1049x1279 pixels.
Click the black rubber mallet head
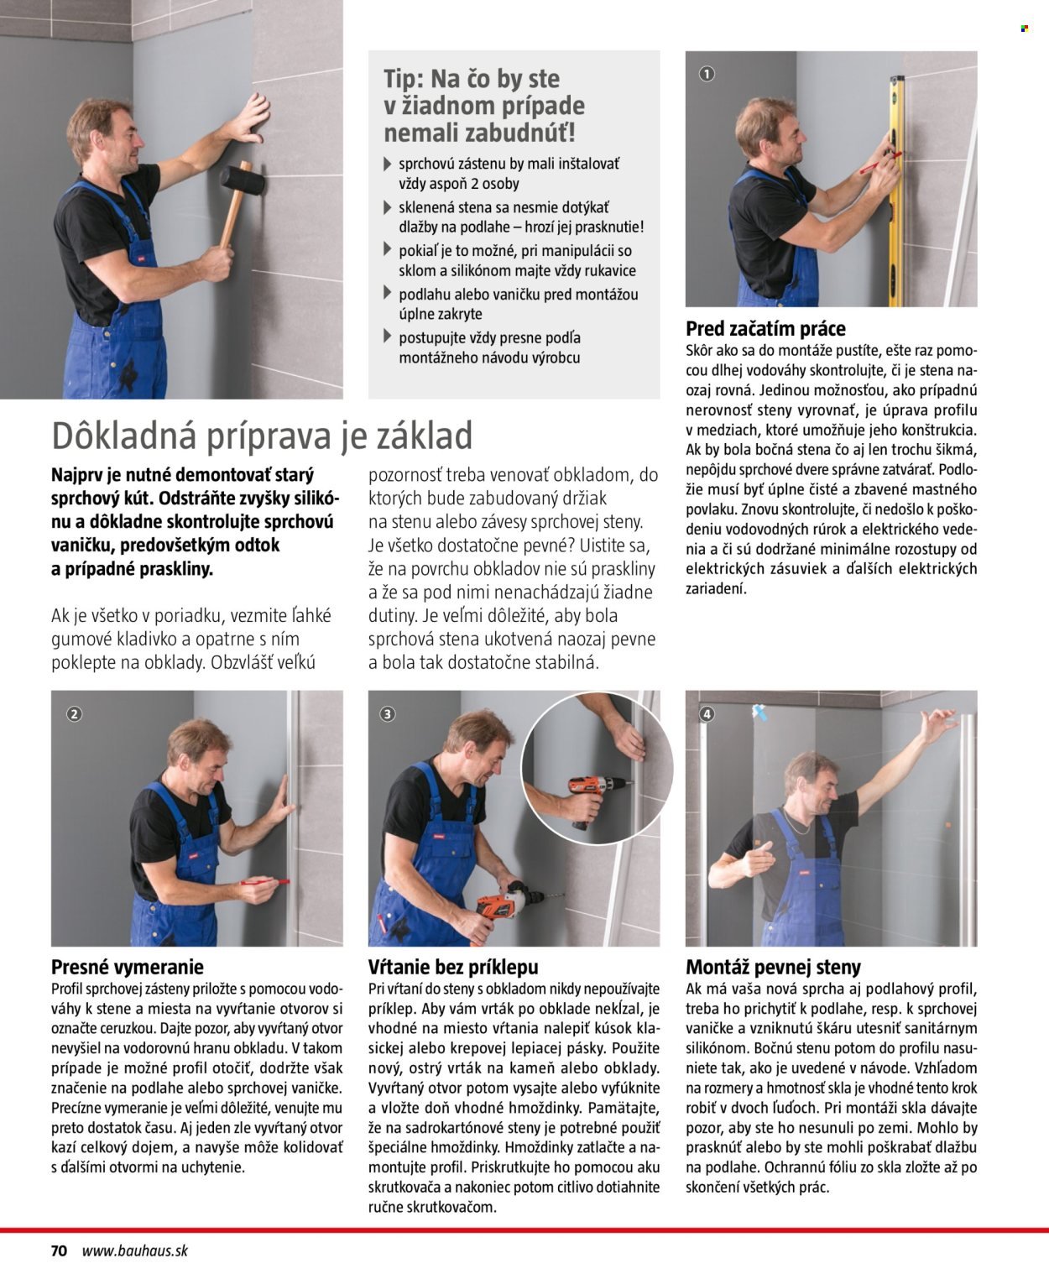click(x=243, y=179)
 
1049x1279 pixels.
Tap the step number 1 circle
click(x=707, y=75)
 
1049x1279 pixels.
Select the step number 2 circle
click(x=74, y=714)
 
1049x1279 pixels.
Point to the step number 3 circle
click(x=387, y=714)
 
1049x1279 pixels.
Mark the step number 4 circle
click(x=707, y=714)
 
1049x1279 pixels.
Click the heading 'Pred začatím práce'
click(x=765, y=328)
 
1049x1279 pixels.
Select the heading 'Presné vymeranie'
click(x=127, y=967)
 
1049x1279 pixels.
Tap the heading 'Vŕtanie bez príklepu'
click(x=453, y=967)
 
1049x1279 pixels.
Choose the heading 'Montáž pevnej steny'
click(x=773, y=967)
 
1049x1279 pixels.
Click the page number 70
click(x=59, y=1250)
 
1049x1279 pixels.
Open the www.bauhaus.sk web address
click(x=135, y=1250)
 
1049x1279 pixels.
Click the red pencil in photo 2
click(x=264, y=882)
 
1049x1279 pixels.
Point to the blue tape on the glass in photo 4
click(x=761, y=713)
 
